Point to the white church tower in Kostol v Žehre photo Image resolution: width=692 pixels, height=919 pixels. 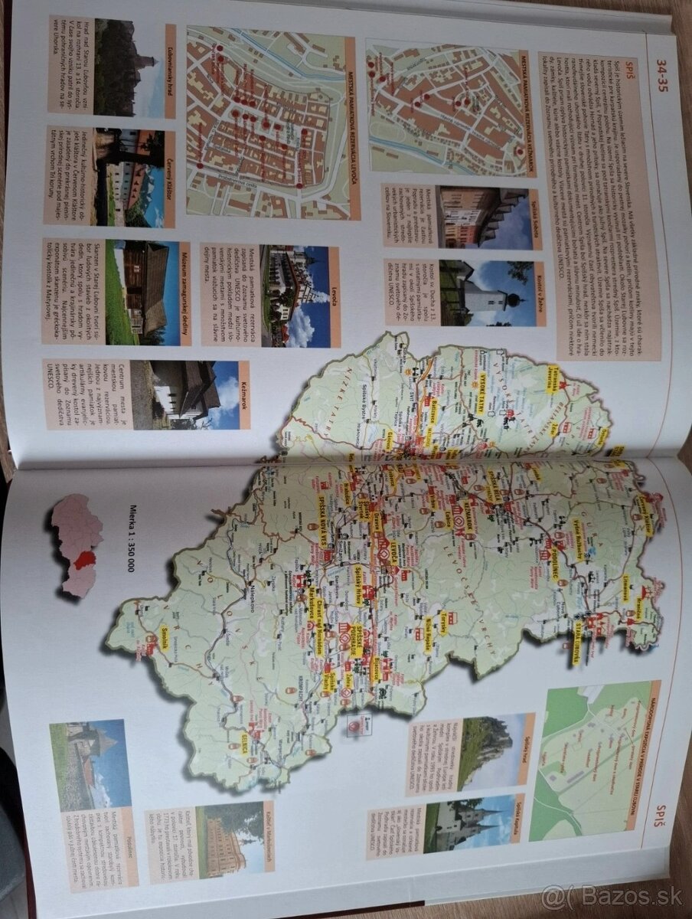(x=486, y=295)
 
